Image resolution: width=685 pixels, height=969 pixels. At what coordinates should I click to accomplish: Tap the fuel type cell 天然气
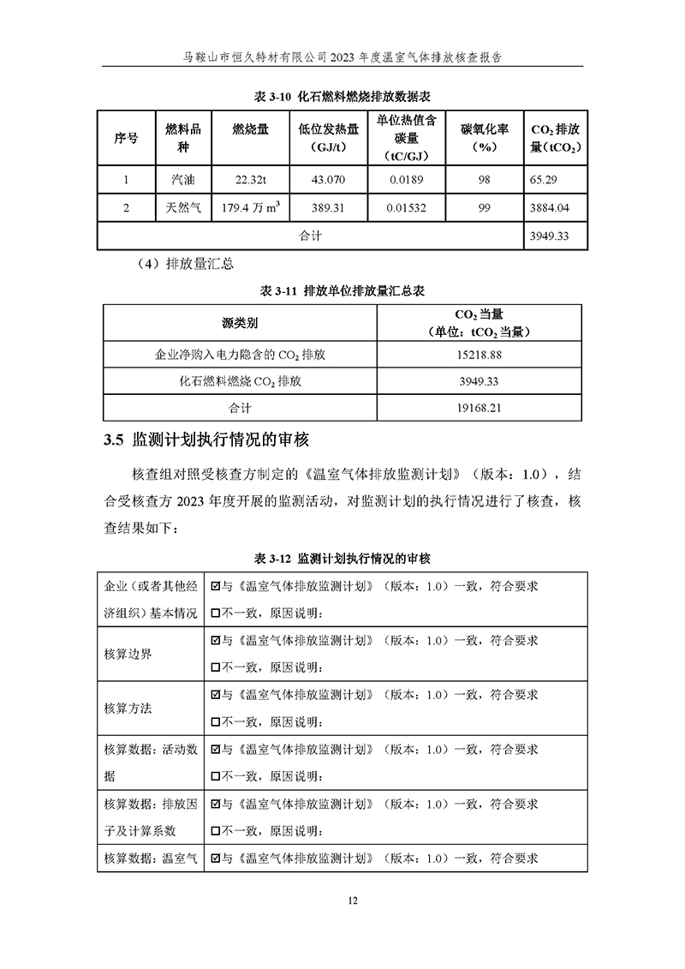point(183,207)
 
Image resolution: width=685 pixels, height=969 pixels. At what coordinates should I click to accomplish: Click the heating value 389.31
point(328,207)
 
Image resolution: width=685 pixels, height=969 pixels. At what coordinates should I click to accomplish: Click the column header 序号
point(126,137)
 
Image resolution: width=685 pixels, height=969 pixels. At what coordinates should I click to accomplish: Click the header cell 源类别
point(239,323)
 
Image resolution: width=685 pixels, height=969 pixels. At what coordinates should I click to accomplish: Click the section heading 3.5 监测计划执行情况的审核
point(205,441)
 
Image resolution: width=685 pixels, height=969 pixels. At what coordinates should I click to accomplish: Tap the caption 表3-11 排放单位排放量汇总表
point(342,290)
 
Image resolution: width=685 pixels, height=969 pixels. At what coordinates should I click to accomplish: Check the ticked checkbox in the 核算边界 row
point(216,640)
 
